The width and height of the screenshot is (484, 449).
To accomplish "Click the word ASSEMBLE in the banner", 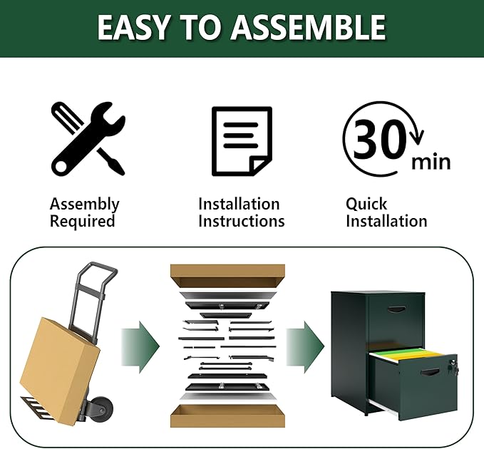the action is click(x=309, y=27).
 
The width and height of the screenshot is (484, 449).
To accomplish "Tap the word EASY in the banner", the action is click(x=134, y=27).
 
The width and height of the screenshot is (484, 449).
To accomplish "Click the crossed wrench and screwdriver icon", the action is click(x=88, y=138).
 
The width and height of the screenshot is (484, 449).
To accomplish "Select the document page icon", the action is click(x=242, y=141).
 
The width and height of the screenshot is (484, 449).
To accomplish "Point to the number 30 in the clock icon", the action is click(x=379, y=139).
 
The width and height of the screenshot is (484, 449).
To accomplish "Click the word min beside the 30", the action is click(x=431, y=162).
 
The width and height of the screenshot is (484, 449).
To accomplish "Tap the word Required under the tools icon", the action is click(x=83, y=221).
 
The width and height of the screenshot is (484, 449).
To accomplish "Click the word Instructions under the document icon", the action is click(x=242, y=221).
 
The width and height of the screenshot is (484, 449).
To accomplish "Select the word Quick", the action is click(x=366, y=204).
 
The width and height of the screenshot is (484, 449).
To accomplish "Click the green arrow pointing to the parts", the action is click(x=140, y=347).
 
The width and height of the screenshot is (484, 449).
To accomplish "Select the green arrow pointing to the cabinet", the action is click(x=305, y=347).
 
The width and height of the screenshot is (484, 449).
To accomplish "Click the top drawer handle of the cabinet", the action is click(x=396, y=309).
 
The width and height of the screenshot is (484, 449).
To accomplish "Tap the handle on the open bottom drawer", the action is click(x=430, y=373).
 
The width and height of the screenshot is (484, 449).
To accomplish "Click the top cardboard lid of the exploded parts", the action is click(x=227, y=276).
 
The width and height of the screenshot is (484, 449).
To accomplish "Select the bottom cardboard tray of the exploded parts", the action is click(x=227, y=416).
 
